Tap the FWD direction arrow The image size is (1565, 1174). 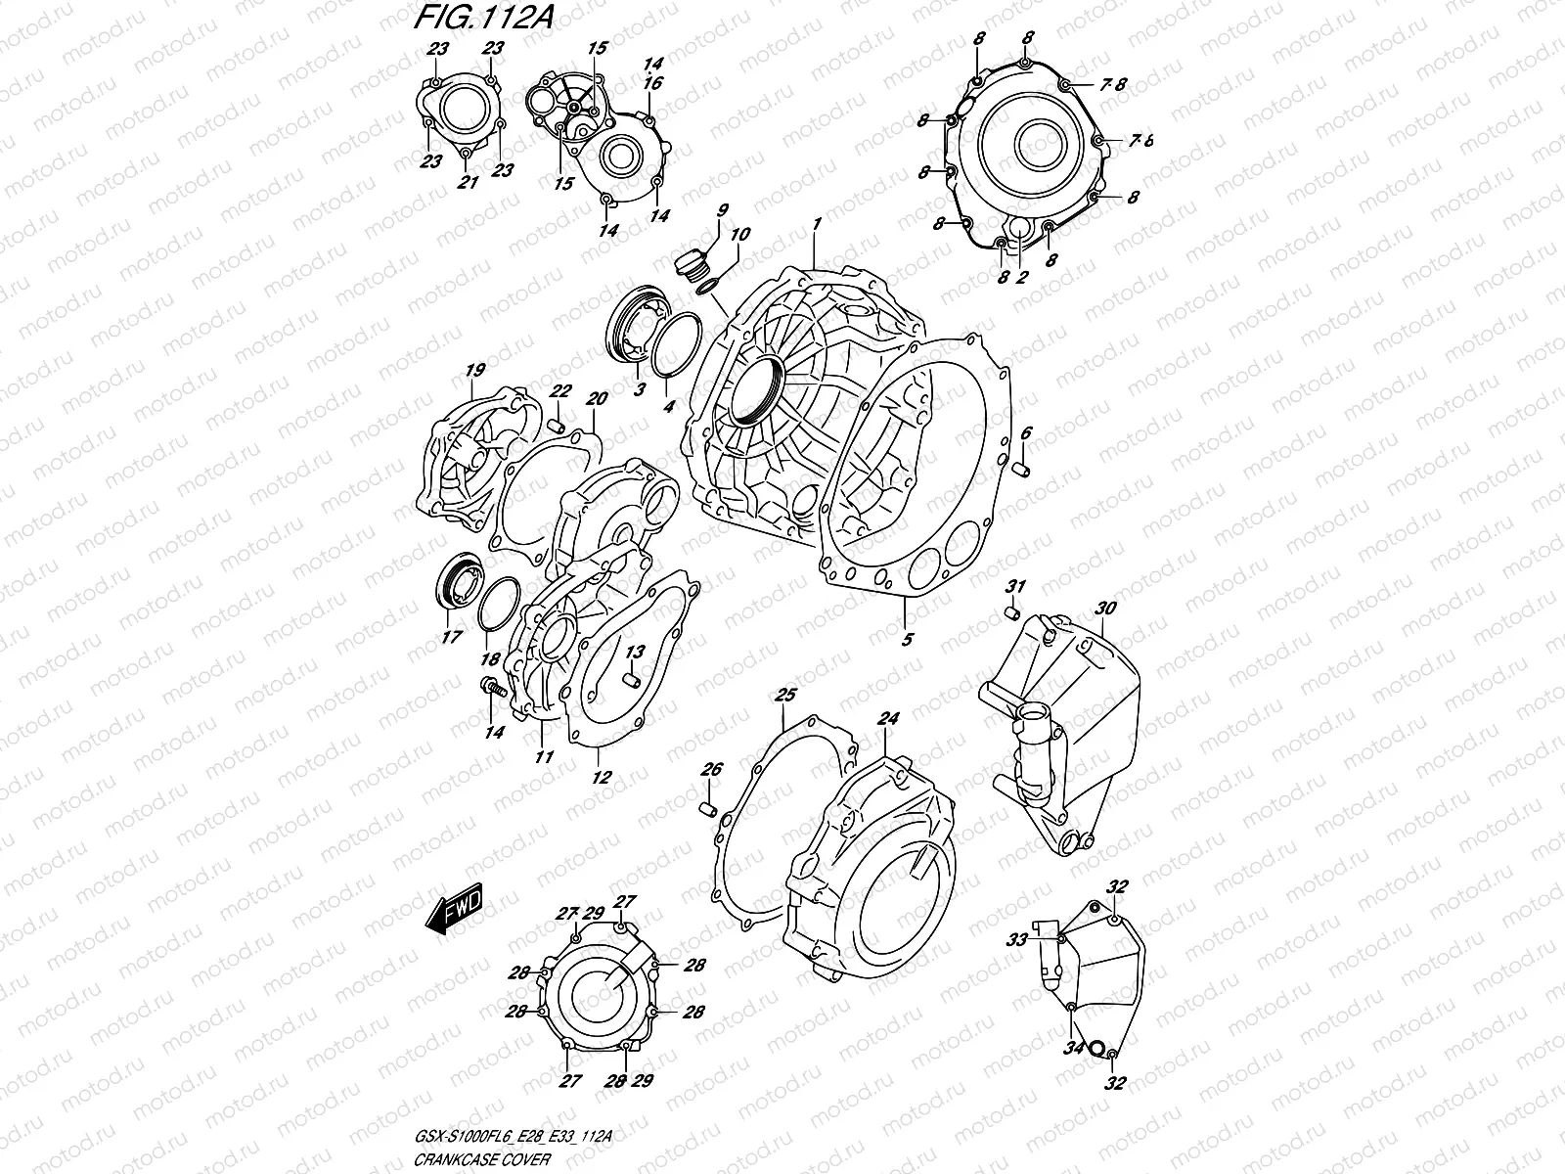click(455, 912)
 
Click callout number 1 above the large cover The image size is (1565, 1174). click(815, 225)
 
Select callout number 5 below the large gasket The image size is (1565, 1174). click(907, 640)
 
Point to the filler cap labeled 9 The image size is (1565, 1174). click(690, 262)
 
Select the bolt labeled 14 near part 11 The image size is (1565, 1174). click(492, 688)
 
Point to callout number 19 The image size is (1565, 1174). click(475, 371)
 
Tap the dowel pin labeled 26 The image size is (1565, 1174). click(710, 809)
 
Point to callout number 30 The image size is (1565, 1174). click(1105, 609)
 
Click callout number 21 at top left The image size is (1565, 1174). click(468, 182)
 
